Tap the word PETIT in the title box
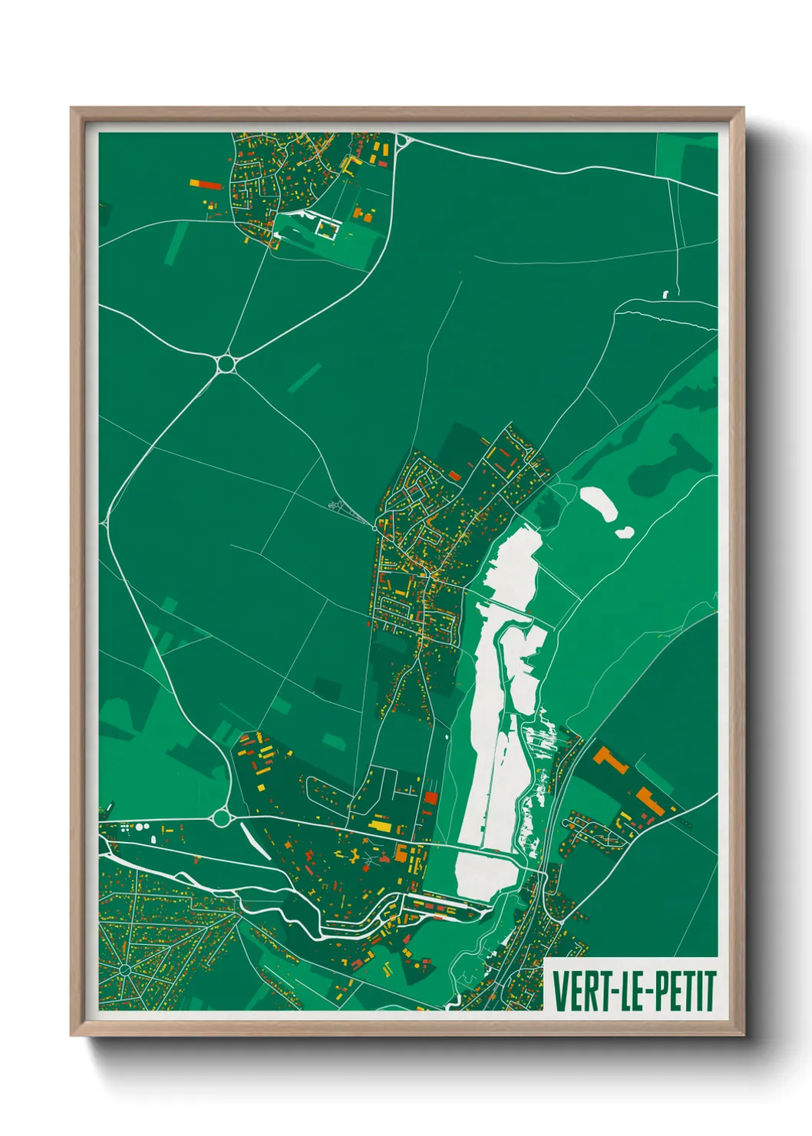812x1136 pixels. click(685, 991)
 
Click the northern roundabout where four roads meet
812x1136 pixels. click(226, 363)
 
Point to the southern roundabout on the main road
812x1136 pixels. click(222, 818)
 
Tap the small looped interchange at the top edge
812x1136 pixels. click(402, 140)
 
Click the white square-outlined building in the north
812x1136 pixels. click(328, 228)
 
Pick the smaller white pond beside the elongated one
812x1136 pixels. click(625, 531)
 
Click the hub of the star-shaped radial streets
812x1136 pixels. click(125, 971)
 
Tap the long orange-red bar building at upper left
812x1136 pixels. click(206, 184)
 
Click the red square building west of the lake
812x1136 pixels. click(431, 798)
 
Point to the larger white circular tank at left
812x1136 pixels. click(140, 827)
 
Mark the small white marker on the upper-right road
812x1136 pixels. click(665, 293)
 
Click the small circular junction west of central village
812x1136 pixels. click(375, 527)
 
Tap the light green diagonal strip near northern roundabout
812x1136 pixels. click(305, 378)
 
